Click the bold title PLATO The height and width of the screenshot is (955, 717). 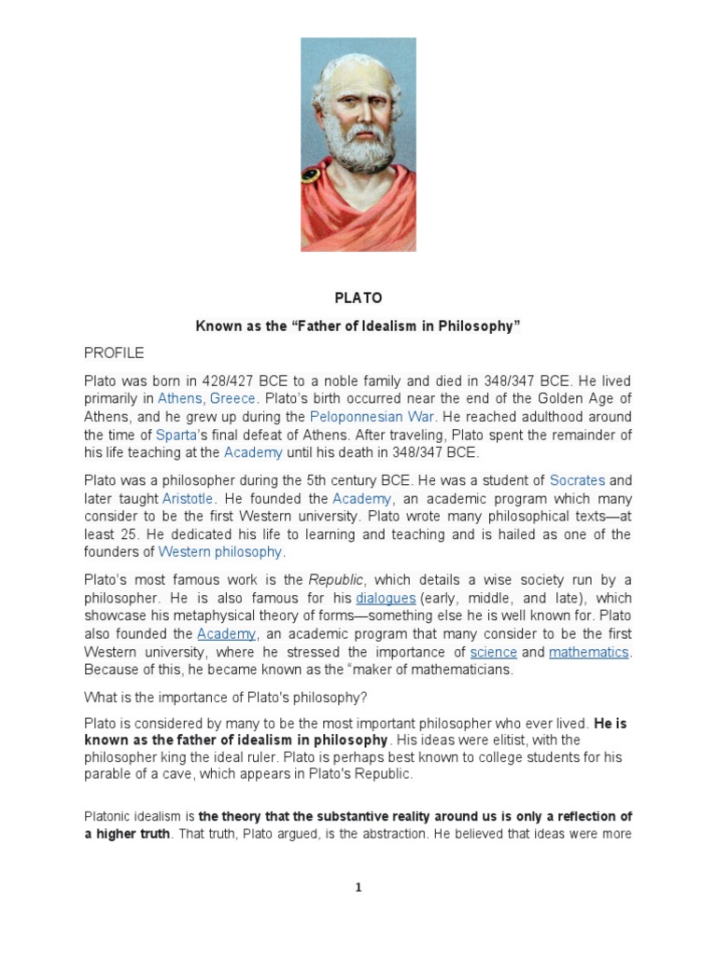tap(358, 298)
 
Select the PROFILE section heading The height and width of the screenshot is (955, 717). tap(114, 353)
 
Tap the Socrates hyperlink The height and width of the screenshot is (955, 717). tap(577, 480)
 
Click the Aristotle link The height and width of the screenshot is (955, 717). tap(188, 498)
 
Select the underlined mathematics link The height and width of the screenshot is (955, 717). tap(588, 652)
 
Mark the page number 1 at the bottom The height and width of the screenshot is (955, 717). tap(358, 888)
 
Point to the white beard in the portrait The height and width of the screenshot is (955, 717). tap(358, 159)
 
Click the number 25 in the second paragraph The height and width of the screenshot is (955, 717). tap(130, 533)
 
